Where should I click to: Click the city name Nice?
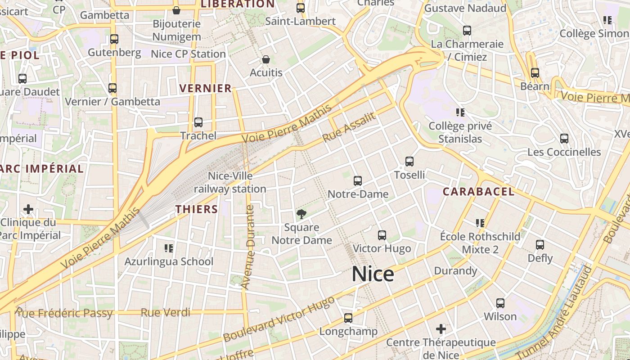coord(373,274)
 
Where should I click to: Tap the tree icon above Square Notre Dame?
coord(301,214)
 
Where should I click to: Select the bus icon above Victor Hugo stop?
coord(382,235)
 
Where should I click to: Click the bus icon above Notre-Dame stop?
coord(358,181)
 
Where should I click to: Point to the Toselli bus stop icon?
coord(409,162)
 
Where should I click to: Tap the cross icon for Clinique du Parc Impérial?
coord(28,209)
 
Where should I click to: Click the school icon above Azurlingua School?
coord(169,248)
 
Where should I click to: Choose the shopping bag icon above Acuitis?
coord(266,59)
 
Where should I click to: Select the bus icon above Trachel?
coord(198,122)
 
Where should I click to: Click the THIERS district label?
coord(197,209)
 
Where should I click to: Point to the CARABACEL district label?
coord(478,192)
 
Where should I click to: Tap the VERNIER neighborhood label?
coord(206,88)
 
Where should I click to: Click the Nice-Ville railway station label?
coord(230,182)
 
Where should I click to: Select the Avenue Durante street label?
coord(248,247)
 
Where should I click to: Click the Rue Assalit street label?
coord(349,127)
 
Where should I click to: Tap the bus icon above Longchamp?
coord(348,318)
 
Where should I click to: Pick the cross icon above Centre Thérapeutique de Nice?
coord(441,329)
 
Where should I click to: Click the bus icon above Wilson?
coord(500,303)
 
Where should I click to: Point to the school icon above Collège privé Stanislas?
coord(460,112)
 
